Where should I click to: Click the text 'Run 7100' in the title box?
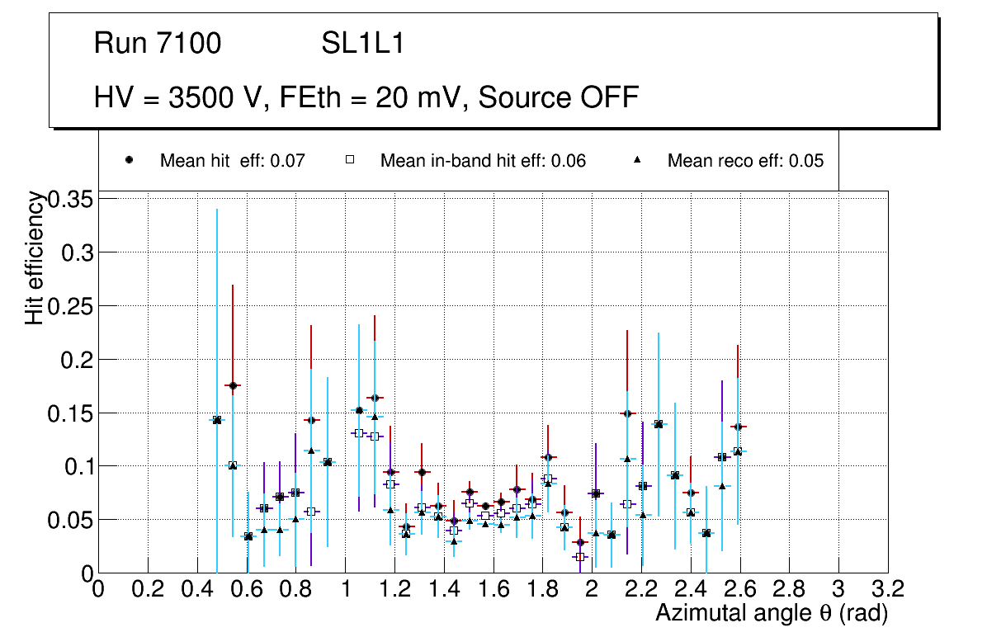tap(158, 44)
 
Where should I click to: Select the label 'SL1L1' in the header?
tap(363, 44)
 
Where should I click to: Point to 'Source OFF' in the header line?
tap(559, 97)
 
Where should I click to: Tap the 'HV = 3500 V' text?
tap(177, 97)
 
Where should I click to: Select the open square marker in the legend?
tap(349, 161)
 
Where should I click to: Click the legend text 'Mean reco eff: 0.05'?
tap(745, 161)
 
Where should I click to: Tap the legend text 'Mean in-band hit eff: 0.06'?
tap(483, 161)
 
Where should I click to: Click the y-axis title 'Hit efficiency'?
tap(35, 257)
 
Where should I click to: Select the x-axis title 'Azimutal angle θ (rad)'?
tap(772, 613)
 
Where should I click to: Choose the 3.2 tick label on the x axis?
tap(887, 589)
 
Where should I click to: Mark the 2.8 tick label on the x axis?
tap(789, 589)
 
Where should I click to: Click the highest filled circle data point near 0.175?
tap(233, 385)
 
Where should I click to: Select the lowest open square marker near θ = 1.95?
tap(580, 557)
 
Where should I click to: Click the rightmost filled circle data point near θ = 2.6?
tap(737, 427)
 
